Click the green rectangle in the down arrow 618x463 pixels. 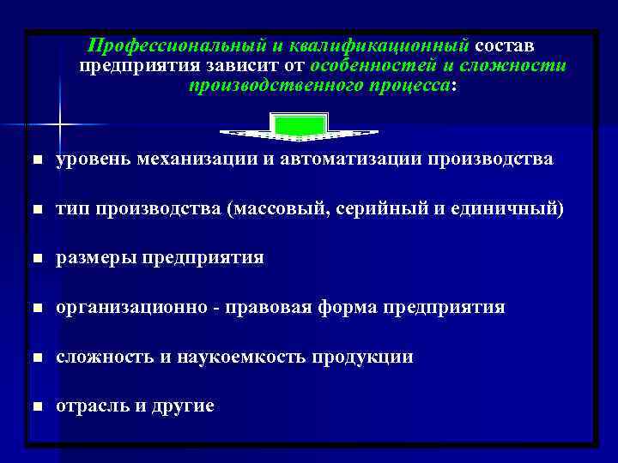tap(299, 126)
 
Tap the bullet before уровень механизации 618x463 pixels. tap(34, 160)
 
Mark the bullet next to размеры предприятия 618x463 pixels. tap(34, 258)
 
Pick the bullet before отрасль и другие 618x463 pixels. tap(34, 406)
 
